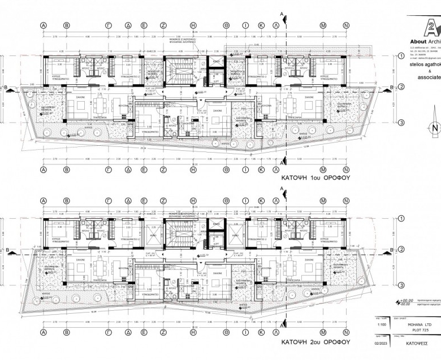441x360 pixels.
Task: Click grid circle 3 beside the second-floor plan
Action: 401,286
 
